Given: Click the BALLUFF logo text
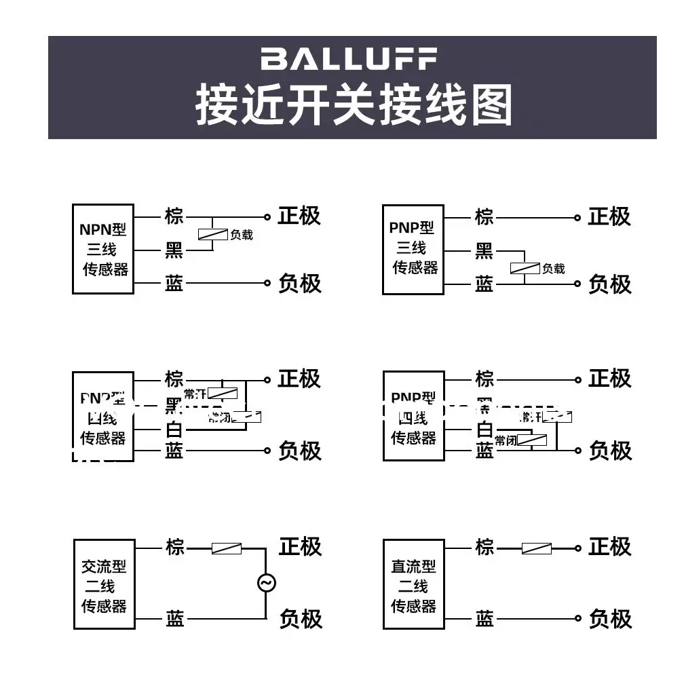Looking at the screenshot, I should tap(349, 58).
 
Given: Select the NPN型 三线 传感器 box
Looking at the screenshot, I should tap(103, 249).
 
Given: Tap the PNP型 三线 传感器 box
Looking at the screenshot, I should tap(413, 249).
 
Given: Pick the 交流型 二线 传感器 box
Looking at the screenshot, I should tap(104, 584).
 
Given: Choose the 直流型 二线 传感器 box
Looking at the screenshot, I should tap(413, 584).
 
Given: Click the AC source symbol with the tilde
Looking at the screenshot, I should tap(266, 583).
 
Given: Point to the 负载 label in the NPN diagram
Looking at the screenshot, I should tap(242, 235).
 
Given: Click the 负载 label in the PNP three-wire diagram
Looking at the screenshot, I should tap(553, 269).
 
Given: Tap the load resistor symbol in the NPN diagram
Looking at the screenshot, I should tap(213, 235).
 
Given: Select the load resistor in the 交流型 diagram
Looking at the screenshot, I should tap(226, 548).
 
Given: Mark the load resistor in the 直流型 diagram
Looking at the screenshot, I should tap(536, 548).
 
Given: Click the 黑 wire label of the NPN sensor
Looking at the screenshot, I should tap(174, 251).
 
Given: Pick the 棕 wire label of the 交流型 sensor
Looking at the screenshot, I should tap(175, 548).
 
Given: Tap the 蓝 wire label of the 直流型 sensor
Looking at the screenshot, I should tap(484, 618).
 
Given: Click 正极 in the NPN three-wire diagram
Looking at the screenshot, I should tap(299, 216).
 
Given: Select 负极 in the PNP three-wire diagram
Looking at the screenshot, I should tap(609, 284).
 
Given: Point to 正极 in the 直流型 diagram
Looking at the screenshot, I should tap(609, 547).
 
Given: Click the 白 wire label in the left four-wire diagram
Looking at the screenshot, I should tap(174, 430).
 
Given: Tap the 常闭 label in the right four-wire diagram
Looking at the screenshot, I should tap(506, 440).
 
